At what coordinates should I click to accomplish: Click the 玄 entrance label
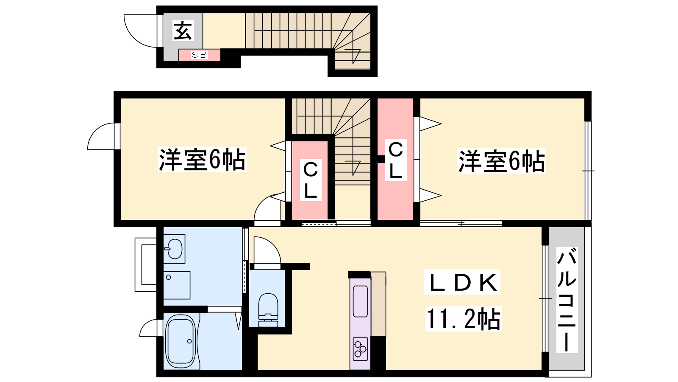tap(183, 31)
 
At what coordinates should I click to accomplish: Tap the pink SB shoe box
tap(199, 55)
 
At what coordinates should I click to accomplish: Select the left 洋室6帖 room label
tap(202, 160)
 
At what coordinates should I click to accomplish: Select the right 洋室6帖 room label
tap(501, 161)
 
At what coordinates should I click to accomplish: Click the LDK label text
tap(462, 282)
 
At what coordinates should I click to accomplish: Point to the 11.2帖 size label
tap(463, 319)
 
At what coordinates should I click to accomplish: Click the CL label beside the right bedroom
tap(396, 160)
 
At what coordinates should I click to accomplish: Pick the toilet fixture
tap(268, 310)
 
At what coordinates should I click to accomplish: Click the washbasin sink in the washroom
tap(174, 249)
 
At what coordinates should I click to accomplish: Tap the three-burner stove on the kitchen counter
tap(360, 348)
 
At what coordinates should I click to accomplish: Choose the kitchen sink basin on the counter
tap(360, 301)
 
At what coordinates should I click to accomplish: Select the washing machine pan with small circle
tap(177, 285)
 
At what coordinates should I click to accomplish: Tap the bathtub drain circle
tap(189, 341)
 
